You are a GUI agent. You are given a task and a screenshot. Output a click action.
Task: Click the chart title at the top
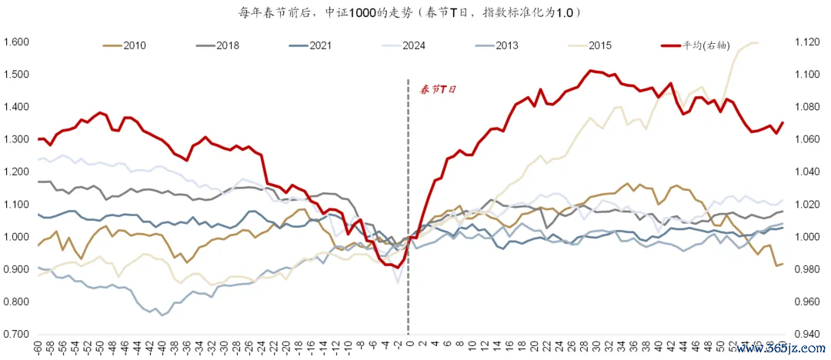[415, 13]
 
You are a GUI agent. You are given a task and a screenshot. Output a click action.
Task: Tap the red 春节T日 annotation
[438, 89]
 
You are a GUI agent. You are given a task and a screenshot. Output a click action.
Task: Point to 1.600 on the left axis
[16, 42]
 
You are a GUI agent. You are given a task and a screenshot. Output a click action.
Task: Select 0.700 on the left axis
[16, 334]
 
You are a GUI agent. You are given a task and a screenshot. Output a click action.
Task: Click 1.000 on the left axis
[16, 236]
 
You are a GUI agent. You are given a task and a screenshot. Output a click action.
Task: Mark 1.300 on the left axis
[16, 139]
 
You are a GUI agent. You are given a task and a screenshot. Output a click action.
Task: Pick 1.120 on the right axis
[811, 42]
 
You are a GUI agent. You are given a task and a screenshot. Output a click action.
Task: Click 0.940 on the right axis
[811, 334]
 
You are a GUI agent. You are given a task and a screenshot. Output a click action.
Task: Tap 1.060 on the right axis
[811, 139]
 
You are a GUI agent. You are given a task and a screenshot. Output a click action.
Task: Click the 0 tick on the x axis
[409, 346]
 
